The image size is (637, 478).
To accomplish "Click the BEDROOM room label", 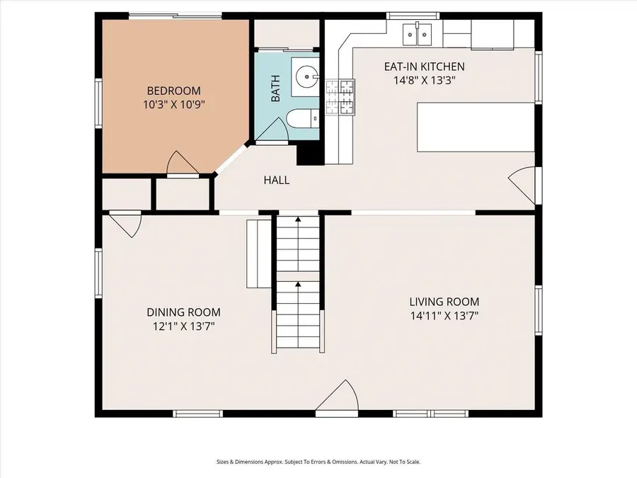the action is (x=173, y=91).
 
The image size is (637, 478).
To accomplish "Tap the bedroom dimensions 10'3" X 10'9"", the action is (x=173, y=105).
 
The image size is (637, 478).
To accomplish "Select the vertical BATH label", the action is (x=275, y=89).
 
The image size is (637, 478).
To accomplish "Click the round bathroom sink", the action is (x=306, y=76).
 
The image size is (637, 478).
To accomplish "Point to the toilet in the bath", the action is (x=303, y=119).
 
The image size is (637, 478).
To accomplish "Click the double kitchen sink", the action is (x=417, y=35).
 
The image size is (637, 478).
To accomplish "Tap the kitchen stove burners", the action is (x=340, y=97).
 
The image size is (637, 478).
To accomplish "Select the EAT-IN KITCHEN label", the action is (x=425, y=67).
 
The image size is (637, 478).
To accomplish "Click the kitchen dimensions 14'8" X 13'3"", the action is (x=424, y=81).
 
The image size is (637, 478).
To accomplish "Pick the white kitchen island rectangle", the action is (x=476, y=127).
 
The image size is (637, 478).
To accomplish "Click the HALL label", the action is (x=277, y=180).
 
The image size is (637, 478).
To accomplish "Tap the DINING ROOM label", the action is (x=183, y=312).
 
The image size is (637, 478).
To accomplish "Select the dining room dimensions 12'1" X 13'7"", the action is (x=183, y=326).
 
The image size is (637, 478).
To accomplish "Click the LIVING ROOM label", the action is (x=444, y=302).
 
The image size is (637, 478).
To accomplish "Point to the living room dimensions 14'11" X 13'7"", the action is (x=444, y=316).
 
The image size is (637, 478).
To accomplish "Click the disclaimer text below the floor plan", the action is (x=318, y=462).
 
